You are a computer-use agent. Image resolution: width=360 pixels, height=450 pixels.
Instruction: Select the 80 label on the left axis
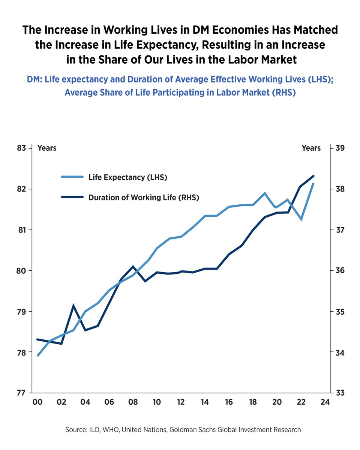(x=22, y=271)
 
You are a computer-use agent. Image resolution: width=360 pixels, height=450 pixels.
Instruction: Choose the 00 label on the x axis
(x=37, y=402)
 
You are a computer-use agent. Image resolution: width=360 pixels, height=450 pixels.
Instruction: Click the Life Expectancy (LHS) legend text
(x=127, y=177)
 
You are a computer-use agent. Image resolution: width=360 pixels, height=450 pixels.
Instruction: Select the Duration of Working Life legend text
(x=144, y=198)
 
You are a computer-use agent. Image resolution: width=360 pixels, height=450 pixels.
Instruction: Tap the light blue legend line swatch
(x=72, y=177)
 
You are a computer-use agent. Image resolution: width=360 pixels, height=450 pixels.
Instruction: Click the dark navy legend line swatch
(x=72, y=198)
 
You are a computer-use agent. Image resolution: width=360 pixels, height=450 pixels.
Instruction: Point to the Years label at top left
(x=47, y=148)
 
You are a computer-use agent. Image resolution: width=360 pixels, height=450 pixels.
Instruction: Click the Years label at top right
(x=311, y=148)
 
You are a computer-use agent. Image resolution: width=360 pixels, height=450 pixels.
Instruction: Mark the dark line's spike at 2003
(x=73, y=306)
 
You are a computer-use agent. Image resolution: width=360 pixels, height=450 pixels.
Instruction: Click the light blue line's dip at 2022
(x=301, y=219)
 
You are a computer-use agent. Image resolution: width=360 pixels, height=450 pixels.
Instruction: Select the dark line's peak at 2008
(x=133, y=267)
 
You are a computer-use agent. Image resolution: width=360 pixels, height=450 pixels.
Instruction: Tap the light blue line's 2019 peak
(x=265, y=193)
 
